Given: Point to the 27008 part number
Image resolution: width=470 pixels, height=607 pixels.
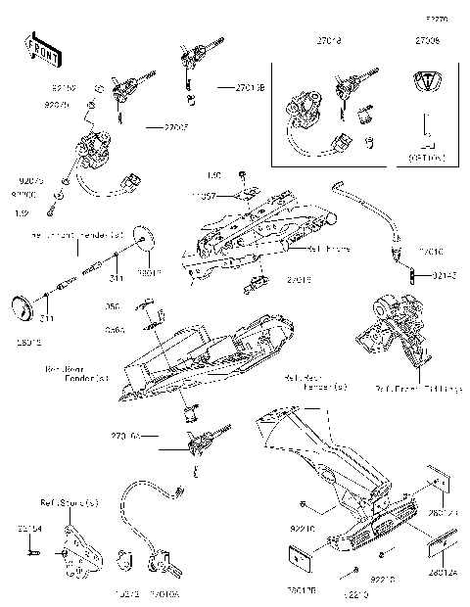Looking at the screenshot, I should click(x=427, y=43).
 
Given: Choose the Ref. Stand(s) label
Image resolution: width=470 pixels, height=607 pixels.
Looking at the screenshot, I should click(x=69, y=503).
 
